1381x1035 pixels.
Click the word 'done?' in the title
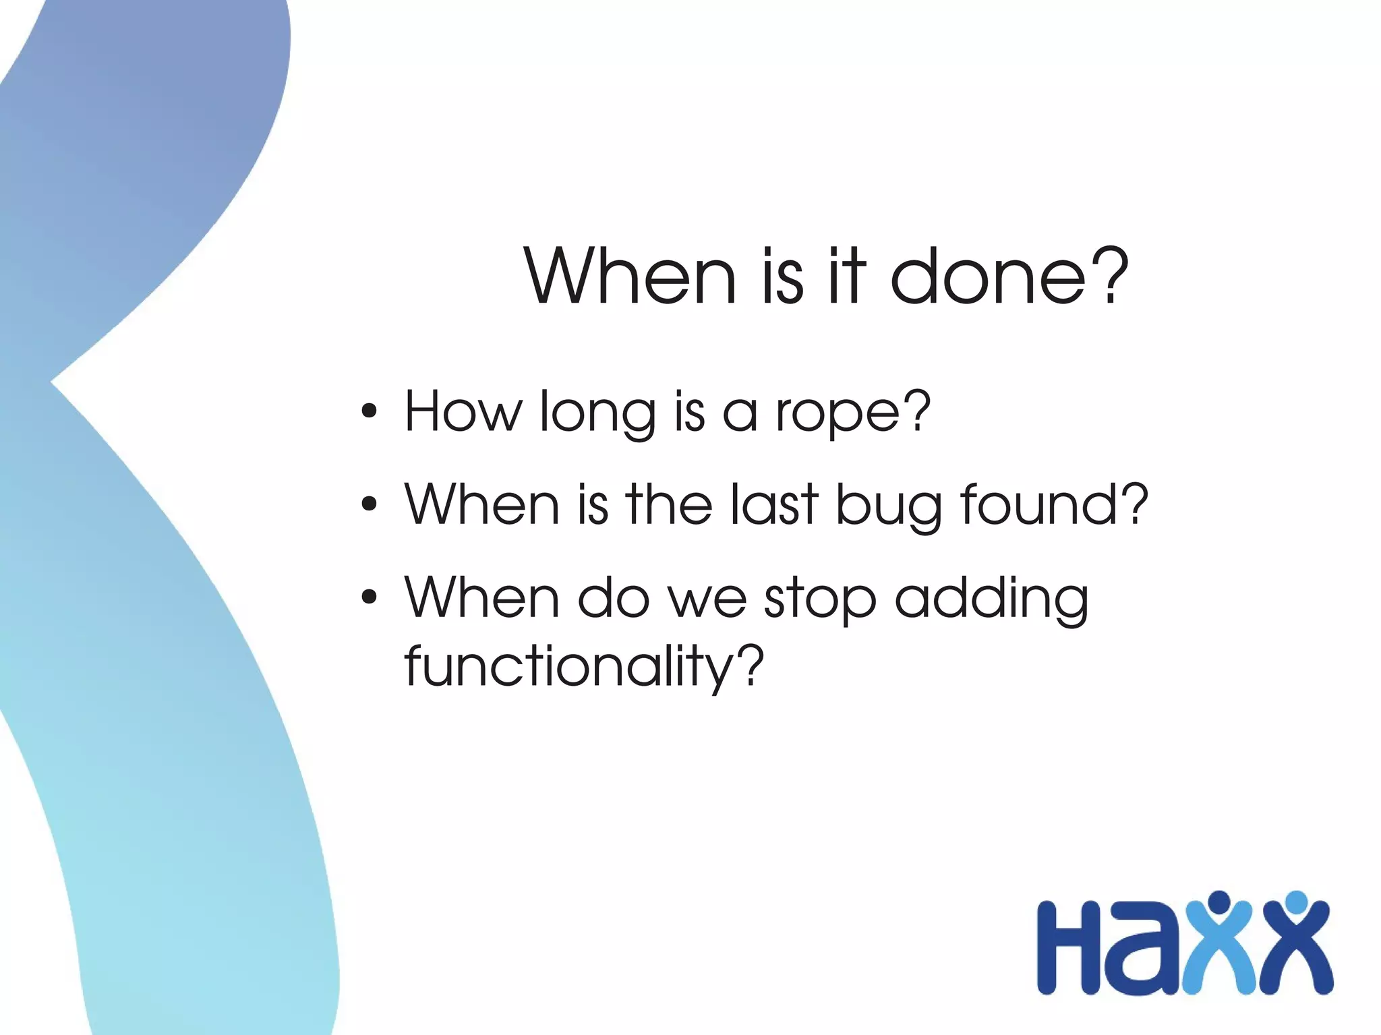(1009, 276)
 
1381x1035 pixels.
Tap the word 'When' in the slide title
(630, 276)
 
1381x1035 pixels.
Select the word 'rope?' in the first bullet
(853, 413)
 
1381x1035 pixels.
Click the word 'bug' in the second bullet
(889, 506)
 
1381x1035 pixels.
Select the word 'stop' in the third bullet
(820, 599)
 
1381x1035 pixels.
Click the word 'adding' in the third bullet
(991, 599)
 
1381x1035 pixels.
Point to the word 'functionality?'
(584, 666)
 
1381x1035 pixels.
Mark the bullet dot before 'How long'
(369, 411)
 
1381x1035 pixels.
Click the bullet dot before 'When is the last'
(369, 504)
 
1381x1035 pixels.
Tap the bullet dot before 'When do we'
(369, 597)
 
